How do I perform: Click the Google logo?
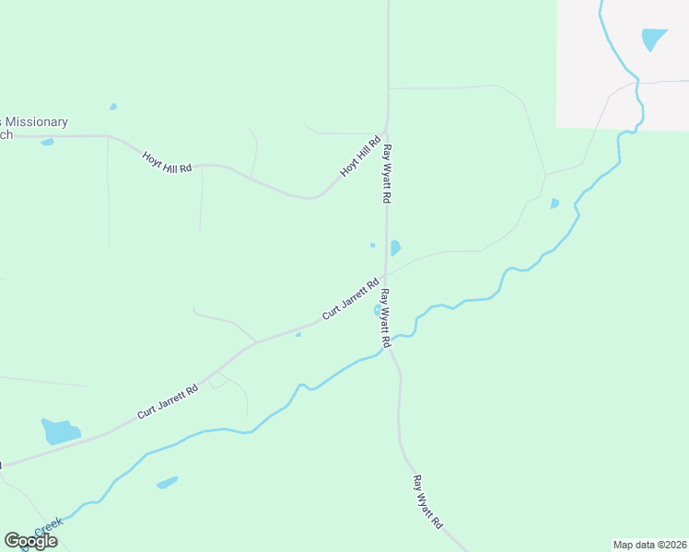(x=30, y=541)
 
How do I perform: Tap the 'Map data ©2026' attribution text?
(x=649, y=544)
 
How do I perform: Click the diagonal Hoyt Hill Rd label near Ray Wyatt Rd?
(x=360, y=157)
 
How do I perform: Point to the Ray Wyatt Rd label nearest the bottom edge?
(x=426, y=500)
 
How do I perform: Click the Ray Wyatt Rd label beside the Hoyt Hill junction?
(x=389, y=174)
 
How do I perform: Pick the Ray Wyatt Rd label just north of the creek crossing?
(x=385, y=317)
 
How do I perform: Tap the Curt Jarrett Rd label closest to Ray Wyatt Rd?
(x=351, y=300)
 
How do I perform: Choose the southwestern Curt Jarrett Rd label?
(x=168, y=402)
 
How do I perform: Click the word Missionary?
(x=37, y=121)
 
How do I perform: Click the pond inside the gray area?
(x=653, y=39)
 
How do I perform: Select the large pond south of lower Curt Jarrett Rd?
(x=60, y=431)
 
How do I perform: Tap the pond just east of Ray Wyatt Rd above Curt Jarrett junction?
(x=395, y=247)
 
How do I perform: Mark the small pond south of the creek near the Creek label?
(x=167, y=482)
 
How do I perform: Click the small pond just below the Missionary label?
(x=47, y=142)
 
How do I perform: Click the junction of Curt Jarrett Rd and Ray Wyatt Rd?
(x=385, y=274)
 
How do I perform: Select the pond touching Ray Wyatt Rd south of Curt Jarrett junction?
(x=378, y=311)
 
